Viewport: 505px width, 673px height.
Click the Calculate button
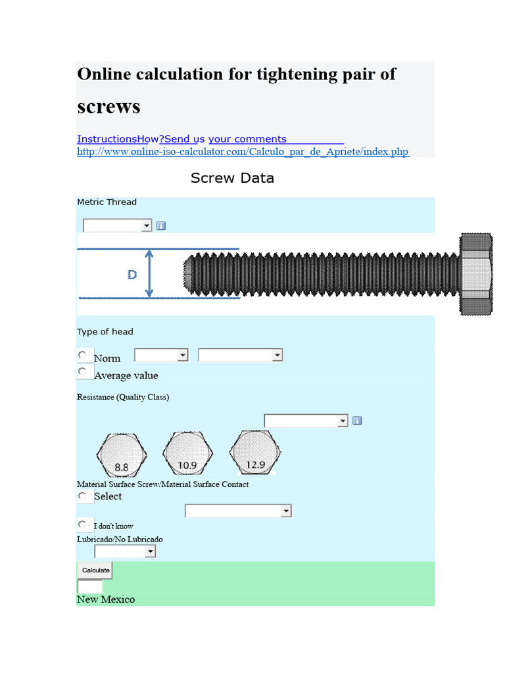(95, 570)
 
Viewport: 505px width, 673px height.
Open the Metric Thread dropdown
(117, 225)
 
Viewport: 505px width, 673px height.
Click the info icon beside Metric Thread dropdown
(161, 226)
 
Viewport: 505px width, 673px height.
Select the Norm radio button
(83, 356)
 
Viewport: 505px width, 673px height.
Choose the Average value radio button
(83, 372)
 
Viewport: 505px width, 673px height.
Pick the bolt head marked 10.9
(188, 454)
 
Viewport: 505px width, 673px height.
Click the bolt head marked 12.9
(255, 453)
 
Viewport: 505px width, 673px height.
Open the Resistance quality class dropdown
(306, 421)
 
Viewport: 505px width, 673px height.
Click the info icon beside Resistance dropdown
(357, 421)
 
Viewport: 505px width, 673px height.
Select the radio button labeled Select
(83, 496)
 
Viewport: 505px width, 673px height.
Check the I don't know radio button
(83, 525)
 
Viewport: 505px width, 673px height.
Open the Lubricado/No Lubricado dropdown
(125, 551)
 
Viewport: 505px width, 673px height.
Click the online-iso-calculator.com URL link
(243, 152)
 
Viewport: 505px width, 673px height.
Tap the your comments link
(247, 139)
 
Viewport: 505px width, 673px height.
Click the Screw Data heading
(232, 178)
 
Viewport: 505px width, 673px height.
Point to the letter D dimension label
(132, 275)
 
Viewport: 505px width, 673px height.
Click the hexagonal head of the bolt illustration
(476, 274)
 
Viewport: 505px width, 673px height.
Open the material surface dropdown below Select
(238, 511)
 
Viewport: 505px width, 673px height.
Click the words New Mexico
(106, 599)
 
